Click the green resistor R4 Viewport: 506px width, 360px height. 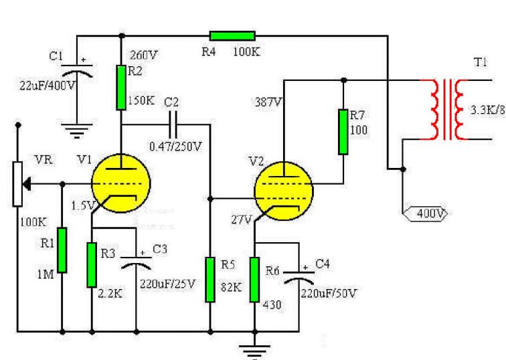[x=232, y=35]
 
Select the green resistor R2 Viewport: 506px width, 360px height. [x=121, y=87]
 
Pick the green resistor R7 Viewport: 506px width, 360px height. [x=343, y=131]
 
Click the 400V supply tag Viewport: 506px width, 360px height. [x=426, y=214]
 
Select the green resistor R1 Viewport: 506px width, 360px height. [x=62, y=250]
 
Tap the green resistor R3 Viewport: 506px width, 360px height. [x=92, y=264]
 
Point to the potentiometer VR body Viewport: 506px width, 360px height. [x=18, y=183]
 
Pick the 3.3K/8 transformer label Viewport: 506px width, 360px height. [x=486, y=110]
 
